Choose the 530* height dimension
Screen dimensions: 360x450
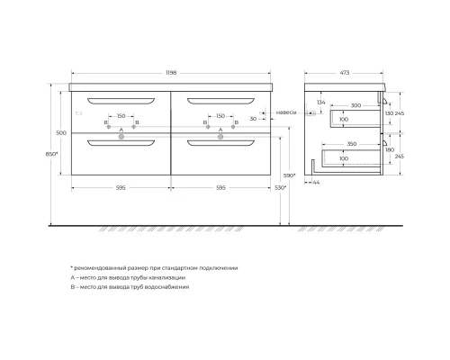[x=280, y=187]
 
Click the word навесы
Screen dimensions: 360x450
[x=285, y=112]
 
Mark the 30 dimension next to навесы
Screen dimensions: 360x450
[x=255, y=118]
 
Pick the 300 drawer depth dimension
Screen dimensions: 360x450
[x=355, y=105]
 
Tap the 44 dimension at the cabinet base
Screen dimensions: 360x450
[x=315, y=182]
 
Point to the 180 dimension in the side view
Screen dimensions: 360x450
[x=389, y=149]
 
